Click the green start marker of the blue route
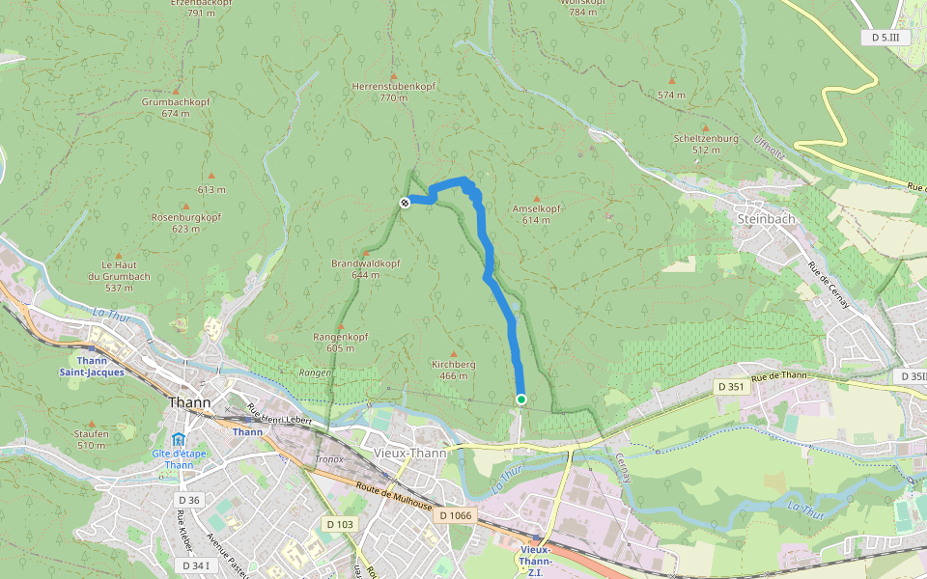pyautogui.click(x=521, y=400)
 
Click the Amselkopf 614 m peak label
pyautogui.click(x=537, y=214)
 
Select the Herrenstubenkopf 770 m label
pyautogui.click(x=394, y=92)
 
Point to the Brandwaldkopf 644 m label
pyautogui.click(x=365, y=268)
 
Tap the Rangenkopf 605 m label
pyautogui.click(x=341, y=342)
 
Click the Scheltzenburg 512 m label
pyautogui.click(x=706, y=144)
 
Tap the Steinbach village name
pyautogui.click(x=766, y=219)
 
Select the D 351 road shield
pyautogui.click(x=729, y=386)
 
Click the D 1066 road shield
pyautogui.click(x=455, y=515)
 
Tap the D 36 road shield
pyautogui.click(x=188, y=500)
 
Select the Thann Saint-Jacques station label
pyautogui.click(x=91, y=365)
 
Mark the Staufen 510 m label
pyautogui.click(x=92, y=439)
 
